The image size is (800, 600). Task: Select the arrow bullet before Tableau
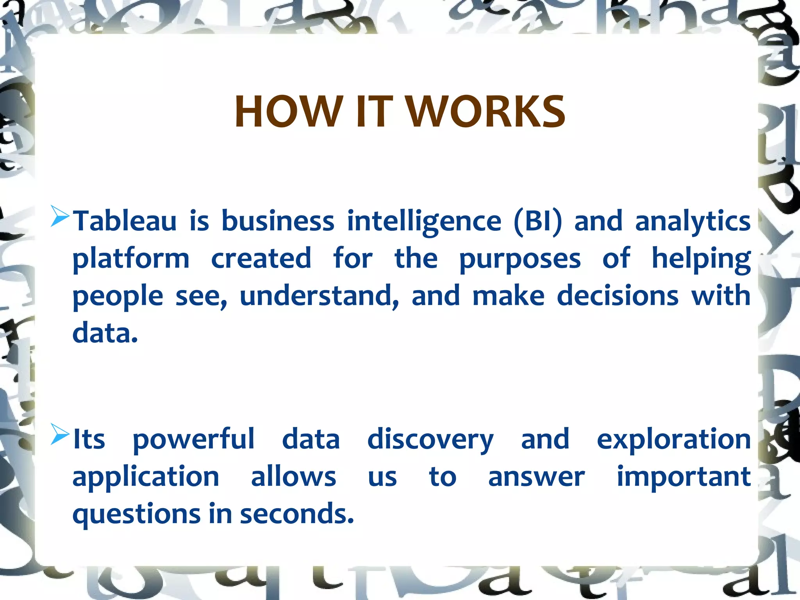pos(60,217)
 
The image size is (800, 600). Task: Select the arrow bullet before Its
pos(60,435)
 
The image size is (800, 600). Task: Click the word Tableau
pos(125,221)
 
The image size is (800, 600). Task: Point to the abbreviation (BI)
pos(538,221)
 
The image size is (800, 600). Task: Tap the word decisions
pos(618,296)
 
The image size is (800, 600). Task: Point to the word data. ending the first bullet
pos(105,334)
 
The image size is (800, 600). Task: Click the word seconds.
pos(296,514)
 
